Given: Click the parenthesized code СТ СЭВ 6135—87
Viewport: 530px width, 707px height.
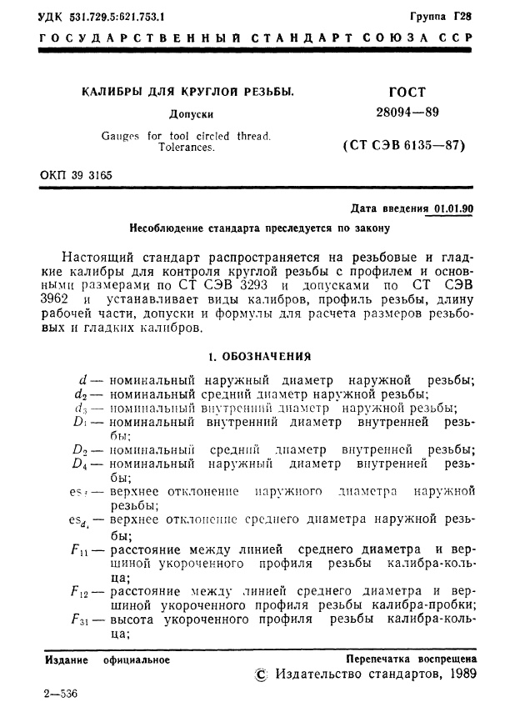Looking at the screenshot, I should click(403, 146).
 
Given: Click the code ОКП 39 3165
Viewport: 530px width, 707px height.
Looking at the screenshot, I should click(76, 175).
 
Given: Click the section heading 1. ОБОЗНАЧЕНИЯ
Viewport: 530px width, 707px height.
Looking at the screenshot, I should click(259, 357).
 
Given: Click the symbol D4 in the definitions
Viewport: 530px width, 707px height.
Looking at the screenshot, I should click(80, 464).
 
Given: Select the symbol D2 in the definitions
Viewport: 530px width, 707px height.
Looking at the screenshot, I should click(80, 449).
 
